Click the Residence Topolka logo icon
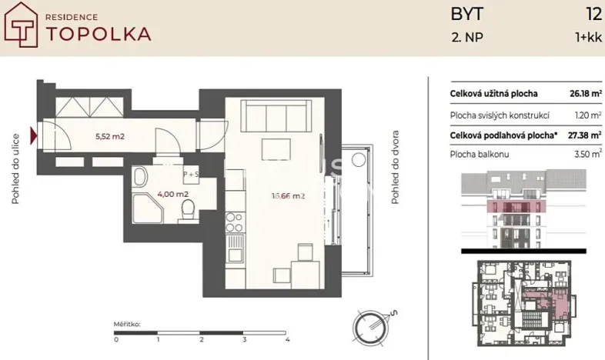tap(23, 28)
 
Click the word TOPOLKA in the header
tap(99, 33)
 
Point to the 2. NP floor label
tap(467, 35)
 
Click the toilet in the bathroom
tap(185, 209)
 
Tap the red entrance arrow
tap(33, 137)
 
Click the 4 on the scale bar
tap(286, 338)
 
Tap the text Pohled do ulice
tap(15, 176)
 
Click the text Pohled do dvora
tap(395, 176)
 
